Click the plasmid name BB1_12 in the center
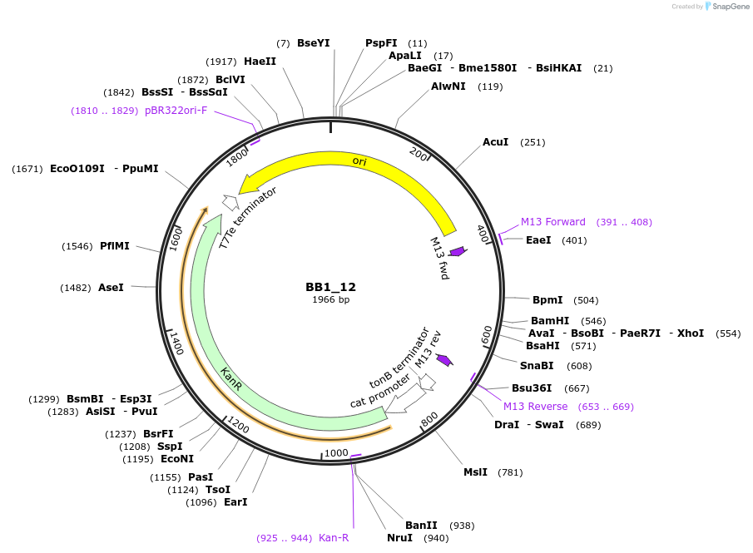[330, 287]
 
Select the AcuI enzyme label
[495, 142]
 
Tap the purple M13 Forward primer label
[553, 222]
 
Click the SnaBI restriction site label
[537, 365]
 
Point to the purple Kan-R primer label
[334, 538]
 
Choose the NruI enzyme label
[399, 538]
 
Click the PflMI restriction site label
[115, 246]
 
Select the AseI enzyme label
[111, 287]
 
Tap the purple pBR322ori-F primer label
[176, 111]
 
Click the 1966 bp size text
[330, 299]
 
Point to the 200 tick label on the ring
[419, 153]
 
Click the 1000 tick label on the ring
[336, 452]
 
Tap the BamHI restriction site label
[550, 321]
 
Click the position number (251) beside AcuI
[533, 142]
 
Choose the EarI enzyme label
[235, 501]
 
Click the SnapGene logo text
[731, 7]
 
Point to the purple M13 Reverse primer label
[535, 407]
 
